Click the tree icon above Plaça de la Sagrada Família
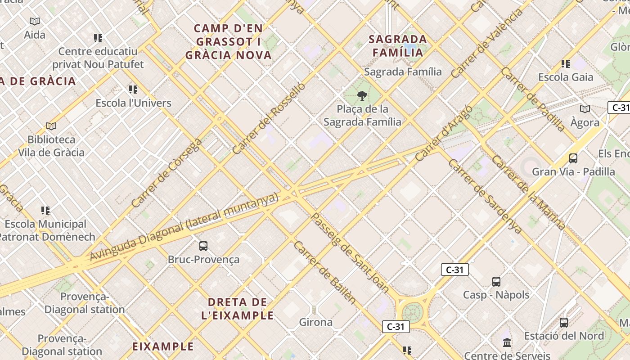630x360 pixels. tap(361, 95)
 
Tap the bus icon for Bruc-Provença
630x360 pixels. tap(203, 246)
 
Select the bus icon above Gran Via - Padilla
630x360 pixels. tap(573, 158)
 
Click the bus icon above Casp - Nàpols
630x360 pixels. tap(496, 281)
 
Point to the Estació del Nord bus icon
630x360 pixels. tap(564, 322)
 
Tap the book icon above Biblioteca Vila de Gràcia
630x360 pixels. tap(51, 126)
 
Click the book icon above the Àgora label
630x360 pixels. tap(585, 109)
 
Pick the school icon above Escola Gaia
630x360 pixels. tap(566, 64)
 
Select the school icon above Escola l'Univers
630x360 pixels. tap(133, 90)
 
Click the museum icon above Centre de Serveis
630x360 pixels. tap(507, 343)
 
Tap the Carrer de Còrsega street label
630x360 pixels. tap(167, 173)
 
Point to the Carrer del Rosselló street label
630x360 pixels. tap(269, 118)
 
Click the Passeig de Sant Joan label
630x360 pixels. tap(350, 252)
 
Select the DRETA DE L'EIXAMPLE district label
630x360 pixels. tap(237, 308)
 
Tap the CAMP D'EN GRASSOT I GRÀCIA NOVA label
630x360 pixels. tap(229, 42)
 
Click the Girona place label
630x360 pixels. tap(316, 322)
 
